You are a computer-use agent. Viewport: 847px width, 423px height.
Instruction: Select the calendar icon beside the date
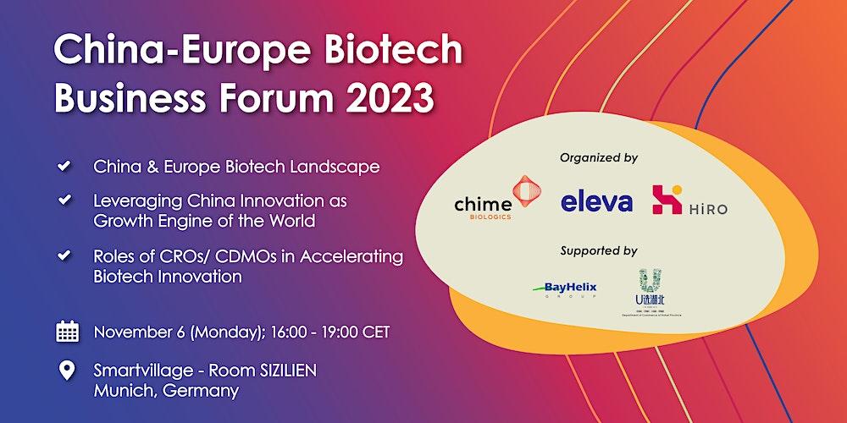click(67, 332)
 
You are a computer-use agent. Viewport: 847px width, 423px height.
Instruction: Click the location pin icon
click(67, 371)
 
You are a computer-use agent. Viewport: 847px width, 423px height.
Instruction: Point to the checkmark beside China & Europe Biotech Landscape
click(64, 166)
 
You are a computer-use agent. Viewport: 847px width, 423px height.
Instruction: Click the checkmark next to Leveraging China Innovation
click(64, 201)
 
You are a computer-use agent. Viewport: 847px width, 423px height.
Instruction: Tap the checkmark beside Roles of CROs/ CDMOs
click(64, 255)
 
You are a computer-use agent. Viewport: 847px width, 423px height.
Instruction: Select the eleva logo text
click(596, 201)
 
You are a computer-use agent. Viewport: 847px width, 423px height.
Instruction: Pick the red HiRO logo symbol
click(667, 199)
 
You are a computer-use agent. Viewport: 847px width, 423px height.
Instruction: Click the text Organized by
click(599, 157)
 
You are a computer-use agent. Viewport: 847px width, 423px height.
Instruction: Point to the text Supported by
click(599, 250)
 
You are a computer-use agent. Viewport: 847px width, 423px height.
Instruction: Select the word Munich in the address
click(122, 391)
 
